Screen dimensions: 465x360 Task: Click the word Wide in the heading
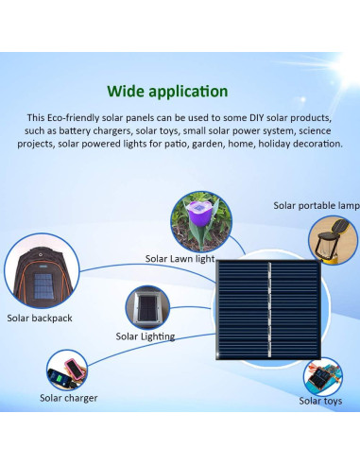pyautogui.click(x=125, y=92)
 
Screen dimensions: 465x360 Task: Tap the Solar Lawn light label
pyautogui.click(x=180, y=258)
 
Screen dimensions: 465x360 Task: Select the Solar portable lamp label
pyautogui.click(x=316, y=205)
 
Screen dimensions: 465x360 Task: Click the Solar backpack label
pyautogui.click(x=39, y=319)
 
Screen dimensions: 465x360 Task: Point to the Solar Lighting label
pyautogui.click(x=146, y=336)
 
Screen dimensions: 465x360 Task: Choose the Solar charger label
pyautogui.click(x=68, y=398)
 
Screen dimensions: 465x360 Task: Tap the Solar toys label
pyautogui.click(x=320, y=402)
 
